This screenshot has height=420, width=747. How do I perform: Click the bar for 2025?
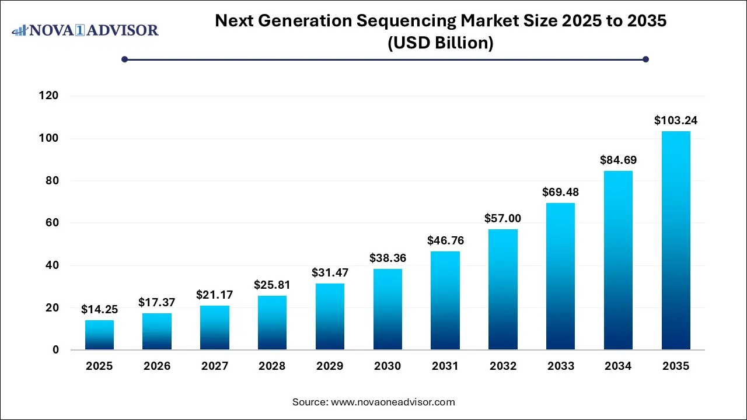[x=99, y=335]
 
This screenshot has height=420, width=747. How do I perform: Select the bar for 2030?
[x=388, y=309]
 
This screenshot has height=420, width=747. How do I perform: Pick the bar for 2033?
[x=560, y=276]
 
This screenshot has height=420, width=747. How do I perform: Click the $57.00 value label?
[x=503, y=218]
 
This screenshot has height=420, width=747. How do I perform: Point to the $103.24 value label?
[x=676, y=121]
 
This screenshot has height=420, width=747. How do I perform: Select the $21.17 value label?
[x=214, y=295]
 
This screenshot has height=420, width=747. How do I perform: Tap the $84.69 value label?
[x=618, y=160]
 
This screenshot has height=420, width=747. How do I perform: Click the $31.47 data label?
[x=330, y=272]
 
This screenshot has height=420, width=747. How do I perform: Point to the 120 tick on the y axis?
[x=50, y=96]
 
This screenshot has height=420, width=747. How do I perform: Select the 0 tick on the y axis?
[x=57, y=350]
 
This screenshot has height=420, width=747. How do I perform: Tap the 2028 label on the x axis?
[x=272, y=366]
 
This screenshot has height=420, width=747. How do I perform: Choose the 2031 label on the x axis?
[x=445, y=366]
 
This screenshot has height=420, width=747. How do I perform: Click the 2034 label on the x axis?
[x=618, y=366]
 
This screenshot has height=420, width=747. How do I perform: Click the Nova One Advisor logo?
[x=85, y=30]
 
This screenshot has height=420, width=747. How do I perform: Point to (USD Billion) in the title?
[x=441, y=43]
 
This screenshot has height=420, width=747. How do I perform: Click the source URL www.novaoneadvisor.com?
[x=393, y=402]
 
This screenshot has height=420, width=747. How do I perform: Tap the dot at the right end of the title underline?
[x=645, y=59]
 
